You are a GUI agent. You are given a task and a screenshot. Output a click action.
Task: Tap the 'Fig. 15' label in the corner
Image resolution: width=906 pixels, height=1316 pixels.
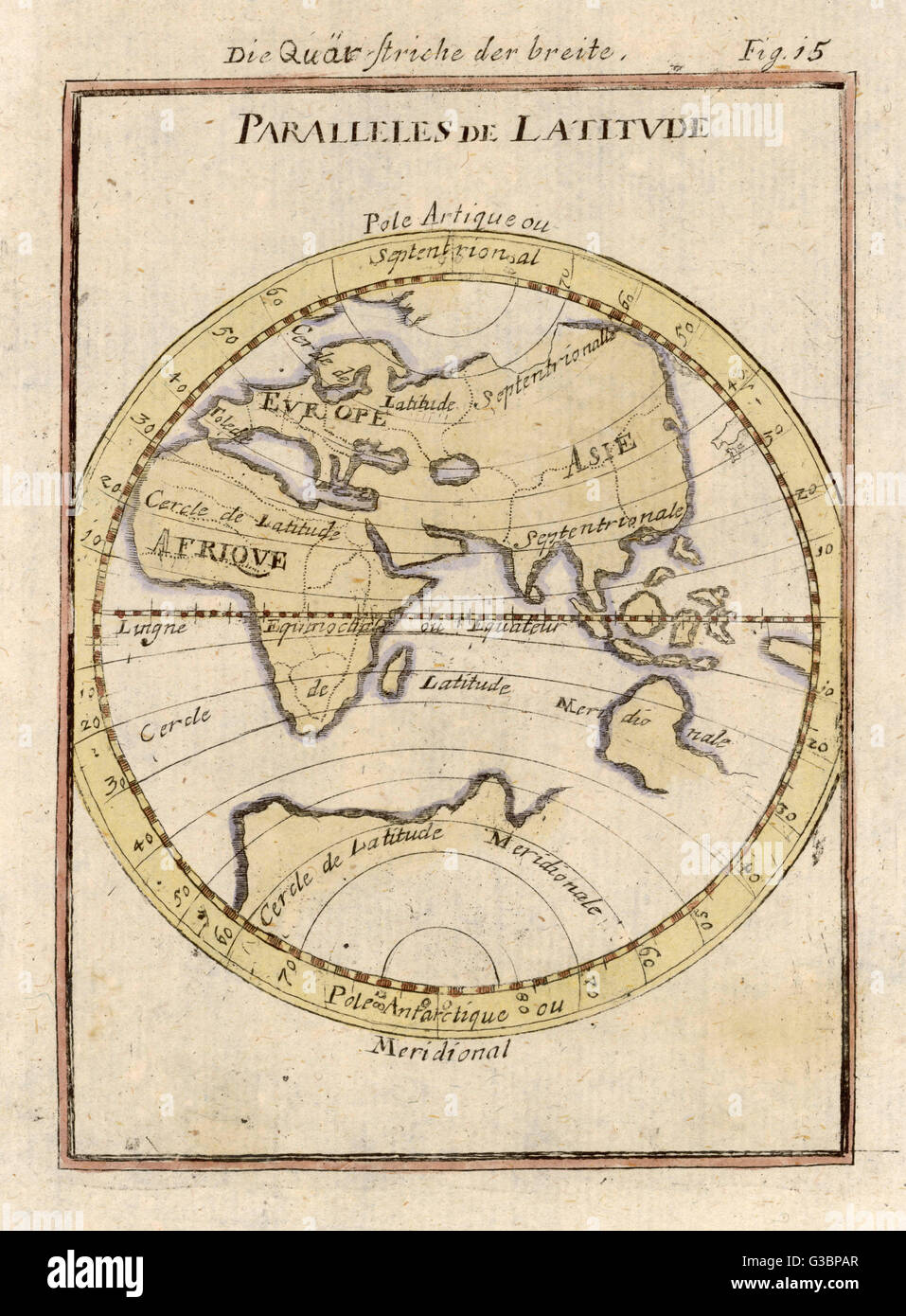pos(780,52)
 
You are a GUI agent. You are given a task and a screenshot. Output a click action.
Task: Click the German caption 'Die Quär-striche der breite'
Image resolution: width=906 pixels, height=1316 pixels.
pos(426,53)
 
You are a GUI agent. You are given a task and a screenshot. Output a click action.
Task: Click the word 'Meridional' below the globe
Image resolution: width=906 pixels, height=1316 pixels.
pos(440,1047)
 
